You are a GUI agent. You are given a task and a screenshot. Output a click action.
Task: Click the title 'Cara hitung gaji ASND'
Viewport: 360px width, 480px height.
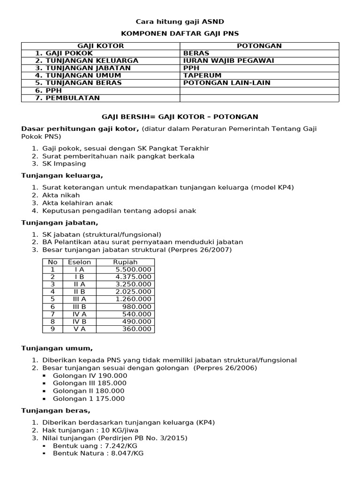coord(180,22)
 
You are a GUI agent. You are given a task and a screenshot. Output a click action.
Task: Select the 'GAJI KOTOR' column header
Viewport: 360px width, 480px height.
coord(100,45)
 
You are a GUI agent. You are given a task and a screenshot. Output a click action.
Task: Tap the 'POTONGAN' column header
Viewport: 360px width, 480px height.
coord(259,45)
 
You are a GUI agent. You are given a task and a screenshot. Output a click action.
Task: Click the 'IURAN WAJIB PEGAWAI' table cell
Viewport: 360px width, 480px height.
coord(228,60)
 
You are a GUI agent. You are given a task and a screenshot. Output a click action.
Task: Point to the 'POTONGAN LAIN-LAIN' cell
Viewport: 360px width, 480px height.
coord(227,83)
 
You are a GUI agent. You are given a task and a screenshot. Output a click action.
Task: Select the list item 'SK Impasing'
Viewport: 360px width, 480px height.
coord(64,164)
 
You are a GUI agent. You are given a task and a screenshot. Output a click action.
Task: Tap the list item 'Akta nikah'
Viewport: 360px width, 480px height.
coord(61,195)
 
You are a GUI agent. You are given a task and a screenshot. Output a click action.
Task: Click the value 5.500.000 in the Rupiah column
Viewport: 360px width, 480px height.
coord(133,270)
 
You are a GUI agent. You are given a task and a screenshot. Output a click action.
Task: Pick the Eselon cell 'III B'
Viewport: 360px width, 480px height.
coord(79,307)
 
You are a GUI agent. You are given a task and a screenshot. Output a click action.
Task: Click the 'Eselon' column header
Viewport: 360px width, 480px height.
coord(79,262)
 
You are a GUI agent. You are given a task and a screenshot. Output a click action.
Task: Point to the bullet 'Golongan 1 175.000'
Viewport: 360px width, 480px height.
coord(89,399)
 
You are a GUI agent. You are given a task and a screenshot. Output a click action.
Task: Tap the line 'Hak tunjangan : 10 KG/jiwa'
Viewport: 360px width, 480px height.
coord(90,430)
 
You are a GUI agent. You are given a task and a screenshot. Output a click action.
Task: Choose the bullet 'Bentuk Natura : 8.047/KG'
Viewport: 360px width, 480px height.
coord(98,454)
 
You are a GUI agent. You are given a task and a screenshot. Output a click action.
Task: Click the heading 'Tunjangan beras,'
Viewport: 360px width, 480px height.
coord(56,411)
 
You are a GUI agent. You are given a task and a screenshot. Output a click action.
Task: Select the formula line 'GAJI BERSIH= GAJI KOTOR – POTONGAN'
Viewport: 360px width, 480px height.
coord(180,116)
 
